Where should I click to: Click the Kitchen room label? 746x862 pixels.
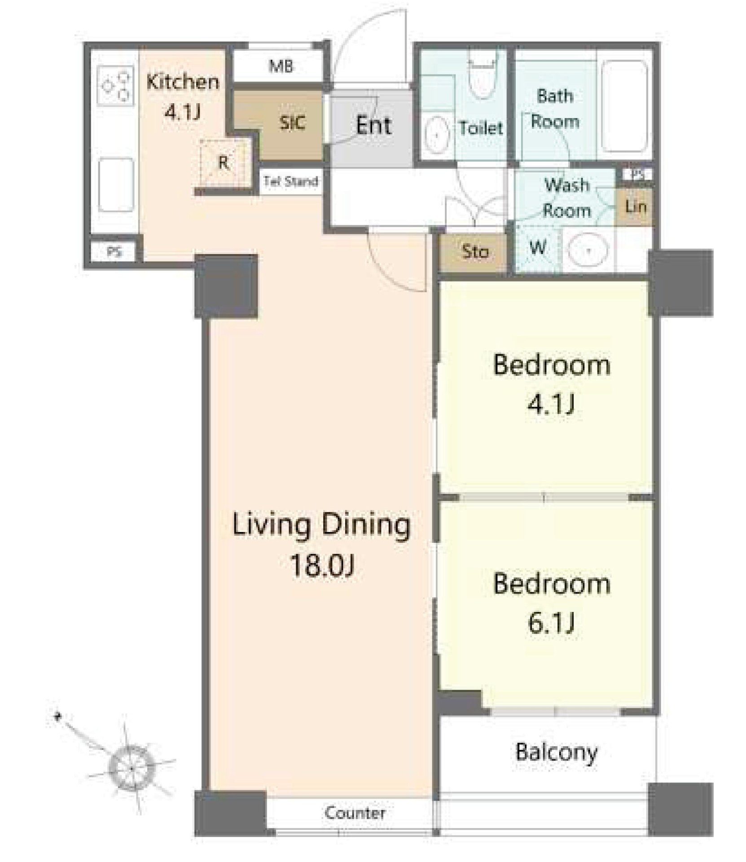[x=183, y=82]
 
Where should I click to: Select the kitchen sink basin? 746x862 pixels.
[x=116, y=185]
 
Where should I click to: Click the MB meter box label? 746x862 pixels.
[x=281, y=66]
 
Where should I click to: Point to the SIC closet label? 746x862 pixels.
[x=292, y=122]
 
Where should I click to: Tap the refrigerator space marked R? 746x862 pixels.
[x=224, y=162]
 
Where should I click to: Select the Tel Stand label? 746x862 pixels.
[x=291, y=181]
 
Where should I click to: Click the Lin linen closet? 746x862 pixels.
[x=635, y=207]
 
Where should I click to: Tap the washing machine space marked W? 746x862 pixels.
[x=538, y=247]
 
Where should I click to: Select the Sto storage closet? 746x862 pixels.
[x=475, y=252]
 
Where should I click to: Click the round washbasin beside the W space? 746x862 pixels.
[x=588, y=249]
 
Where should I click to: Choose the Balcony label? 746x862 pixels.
[x=556, y=752]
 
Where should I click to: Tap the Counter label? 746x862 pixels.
[x=355, y=812]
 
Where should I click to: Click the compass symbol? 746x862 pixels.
[x=131, y=769]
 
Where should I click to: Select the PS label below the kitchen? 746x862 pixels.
[x=114, y=251]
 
